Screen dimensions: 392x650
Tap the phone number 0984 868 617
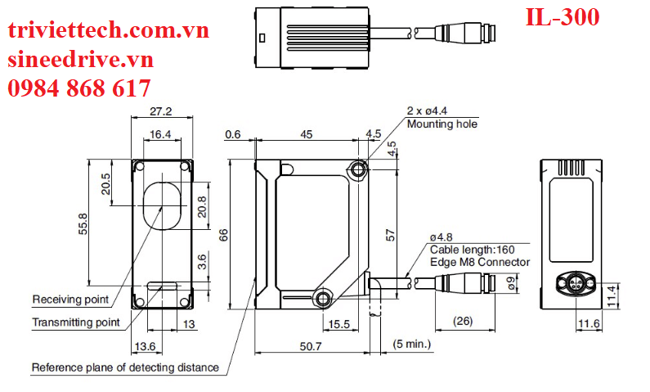pyautogui.click(x=79, y=88)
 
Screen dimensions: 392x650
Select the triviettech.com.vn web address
pyautogui.click(x=109, y=31)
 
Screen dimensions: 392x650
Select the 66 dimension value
pyautogui.click(x=223, y=235)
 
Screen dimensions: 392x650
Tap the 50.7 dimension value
pyautogui.click(x=309, y=348)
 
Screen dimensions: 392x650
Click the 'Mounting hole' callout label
pyautogui.click(x=442, y=124)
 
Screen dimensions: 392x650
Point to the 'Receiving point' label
pyautogui.click(x=71, y=298)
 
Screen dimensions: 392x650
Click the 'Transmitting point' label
pyautogui.click(x=76, y=322)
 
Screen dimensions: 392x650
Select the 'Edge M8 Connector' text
pyautogui.click(x=479, y=262)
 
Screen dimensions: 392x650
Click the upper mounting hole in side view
pyautogui.click(x=357, y=169)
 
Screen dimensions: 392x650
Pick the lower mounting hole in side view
pyautogui.click(x=325, y=297)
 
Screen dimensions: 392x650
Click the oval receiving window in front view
pyautogui.click(x=161, y=203)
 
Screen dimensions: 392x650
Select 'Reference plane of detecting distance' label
pyautogui.click(x=125, y=367)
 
